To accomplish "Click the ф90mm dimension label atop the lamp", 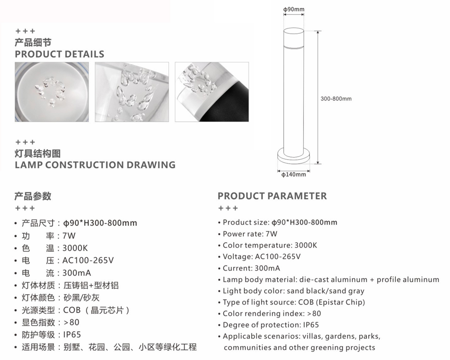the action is pos(293,9).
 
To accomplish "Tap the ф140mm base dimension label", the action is pos(293,175).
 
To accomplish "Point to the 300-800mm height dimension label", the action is pos(336,99).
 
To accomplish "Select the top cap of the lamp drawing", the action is pos(293,37).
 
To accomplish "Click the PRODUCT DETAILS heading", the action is pos(59,54).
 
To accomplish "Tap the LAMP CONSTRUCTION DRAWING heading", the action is pos(95,165).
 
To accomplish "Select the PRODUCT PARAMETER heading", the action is pos(272,196).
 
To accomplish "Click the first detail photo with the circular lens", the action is pos(52,92).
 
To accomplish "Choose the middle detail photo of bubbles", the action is pos(132,92).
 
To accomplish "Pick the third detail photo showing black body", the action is pos(212,92).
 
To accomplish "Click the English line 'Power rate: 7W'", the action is pos(250,234).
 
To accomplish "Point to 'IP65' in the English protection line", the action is pos(311,325).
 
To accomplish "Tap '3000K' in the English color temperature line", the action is pos(306,245).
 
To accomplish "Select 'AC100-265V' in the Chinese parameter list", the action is pos(88,261).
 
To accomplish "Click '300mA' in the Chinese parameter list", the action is pos(76,273).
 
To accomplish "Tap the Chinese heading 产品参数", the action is pos(33,196).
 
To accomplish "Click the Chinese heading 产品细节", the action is pos(33,42).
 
